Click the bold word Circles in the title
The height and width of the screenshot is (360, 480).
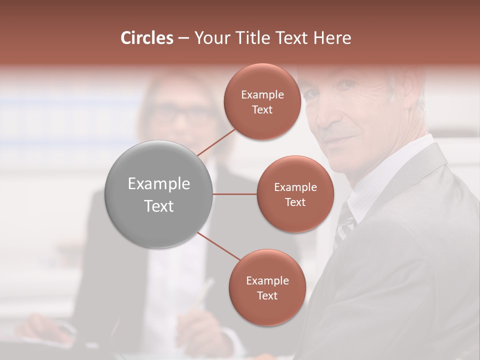[146, 38]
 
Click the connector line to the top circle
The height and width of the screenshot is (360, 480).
[216, 141]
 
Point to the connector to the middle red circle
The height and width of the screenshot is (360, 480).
[234, 194]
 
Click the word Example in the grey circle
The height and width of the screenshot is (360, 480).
[158, 184]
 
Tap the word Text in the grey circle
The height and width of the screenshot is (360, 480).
[158, 206]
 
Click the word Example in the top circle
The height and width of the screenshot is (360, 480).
[262, 95]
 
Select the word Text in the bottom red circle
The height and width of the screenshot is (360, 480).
[267, 295]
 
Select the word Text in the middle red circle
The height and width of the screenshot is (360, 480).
[295, 202]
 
